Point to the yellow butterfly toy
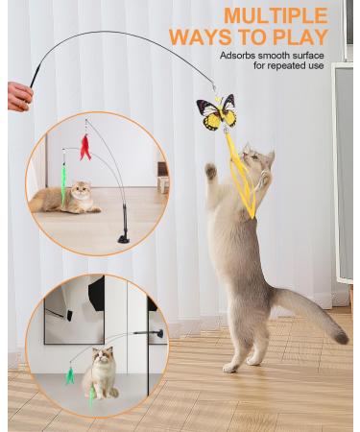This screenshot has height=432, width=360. coord(215,114)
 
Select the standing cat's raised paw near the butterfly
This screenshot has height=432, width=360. coord(210,171)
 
